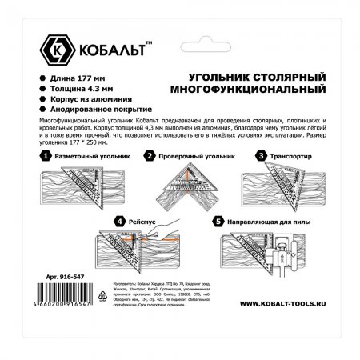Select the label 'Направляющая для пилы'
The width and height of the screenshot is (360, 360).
pos(269,219)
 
